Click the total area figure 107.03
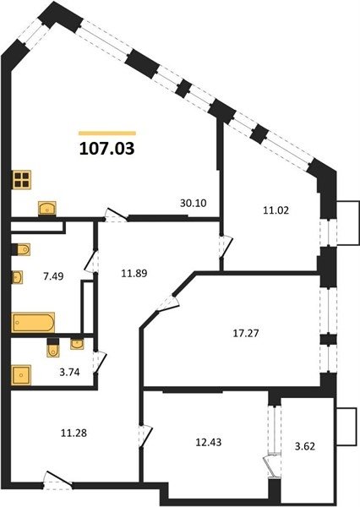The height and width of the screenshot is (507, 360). (x=106, y=149)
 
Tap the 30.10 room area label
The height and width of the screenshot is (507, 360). (x=194, y=203)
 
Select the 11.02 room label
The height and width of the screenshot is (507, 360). (x=275, y=210)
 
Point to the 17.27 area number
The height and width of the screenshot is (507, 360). (x=246, y=333)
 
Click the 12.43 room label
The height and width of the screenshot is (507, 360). (x=209, y=442)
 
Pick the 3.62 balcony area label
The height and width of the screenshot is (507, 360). (x=305, y=446)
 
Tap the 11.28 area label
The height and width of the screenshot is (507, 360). (x=74, y=433)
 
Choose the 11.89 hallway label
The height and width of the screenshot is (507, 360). (x=134, y=274)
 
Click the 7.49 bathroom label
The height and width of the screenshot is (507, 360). (x=53, y=276)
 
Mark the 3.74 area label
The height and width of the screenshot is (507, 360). (x=69, y=373)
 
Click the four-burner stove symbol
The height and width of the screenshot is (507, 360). (x=22, y=180)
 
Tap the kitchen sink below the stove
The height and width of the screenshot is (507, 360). (x=47, y=208)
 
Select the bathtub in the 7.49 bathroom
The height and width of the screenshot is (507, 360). (x=33, y=323)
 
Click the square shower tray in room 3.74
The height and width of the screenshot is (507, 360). (x=21, y=375)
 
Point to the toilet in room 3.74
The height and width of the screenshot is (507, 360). (x=53, y=348)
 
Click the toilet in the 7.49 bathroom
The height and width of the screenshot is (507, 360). (x=21, y=249)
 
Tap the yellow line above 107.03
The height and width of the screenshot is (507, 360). (x=107, y=133)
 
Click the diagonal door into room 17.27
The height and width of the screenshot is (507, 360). (x=168, y=303)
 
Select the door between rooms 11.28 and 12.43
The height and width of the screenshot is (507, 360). (x=145, y=435)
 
